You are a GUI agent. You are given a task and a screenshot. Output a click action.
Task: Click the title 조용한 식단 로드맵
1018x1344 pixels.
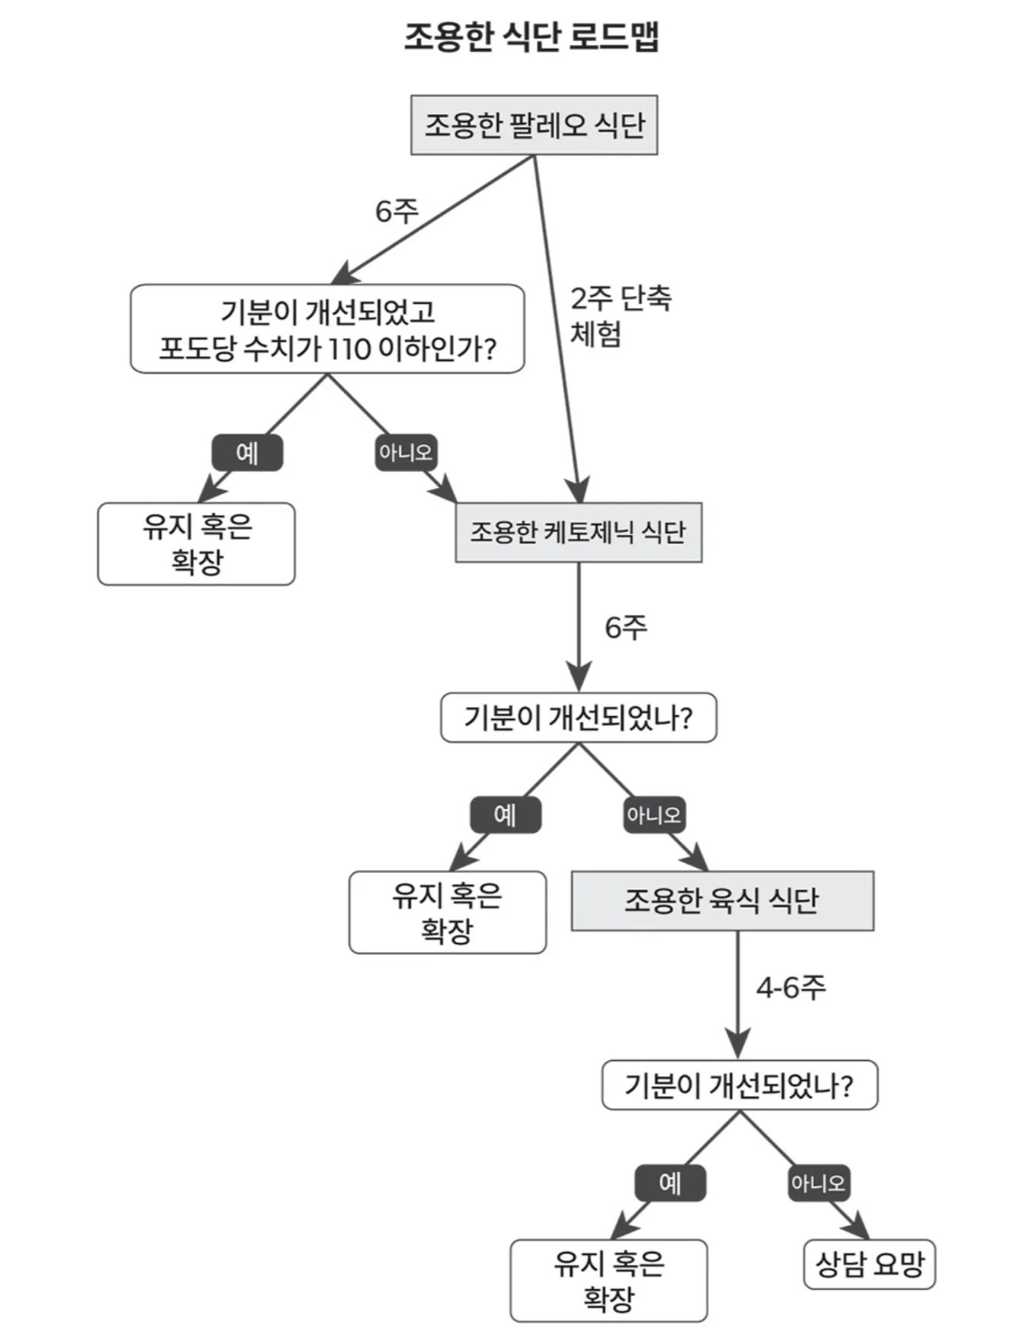click(531, 37)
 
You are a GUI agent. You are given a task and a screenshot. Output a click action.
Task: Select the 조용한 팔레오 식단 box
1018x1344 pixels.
click(534, 126)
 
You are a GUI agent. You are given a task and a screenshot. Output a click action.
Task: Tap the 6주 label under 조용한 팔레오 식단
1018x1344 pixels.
click(397, 211)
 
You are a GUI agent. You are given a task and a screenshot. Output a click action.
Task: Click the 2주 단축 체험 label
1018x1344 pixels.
click(620, 315)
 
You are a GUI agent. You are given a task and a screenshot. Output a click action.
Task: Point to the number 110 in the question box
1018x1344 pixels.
click(349, 349)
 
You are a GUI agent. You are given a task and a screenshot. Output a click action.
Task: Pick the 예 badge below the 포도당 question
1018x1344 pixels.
click(247, 453)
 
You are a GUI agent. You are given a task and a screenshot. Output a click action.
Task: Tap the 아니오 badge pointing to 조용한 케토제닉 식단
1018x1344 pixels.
click(406, 453)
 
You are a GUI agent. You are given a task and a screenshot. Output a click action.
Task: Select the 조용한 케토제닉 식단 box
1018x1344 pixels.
click(578, 532)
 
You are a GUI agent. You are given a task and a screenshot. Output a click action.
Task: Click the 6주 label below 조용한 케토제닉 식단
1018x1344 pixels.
click(626, 627)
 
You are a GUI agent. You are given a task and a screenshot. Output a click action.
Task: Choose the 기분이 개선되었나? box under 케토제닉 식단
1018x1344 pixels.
click(578, 718)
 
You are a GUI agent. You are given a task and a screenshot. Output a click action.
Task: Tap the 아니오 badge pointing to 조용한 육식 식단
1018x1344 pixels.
click(653, 815)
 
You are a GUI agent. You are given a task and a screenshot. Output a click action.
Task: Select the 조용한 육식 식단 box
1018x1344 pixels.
click(722, 900)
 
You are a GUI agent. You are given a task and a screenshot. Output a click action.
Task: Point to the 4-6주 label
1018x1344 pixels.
click(790, 987)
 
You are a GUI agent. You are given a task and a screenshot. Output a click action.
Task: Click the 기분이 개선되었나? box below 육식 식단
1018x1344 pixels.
click(739, 1085)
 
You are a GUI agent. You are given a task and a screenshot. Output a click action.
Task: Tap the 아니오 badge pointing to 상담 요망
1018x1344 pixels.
click(818, 1183)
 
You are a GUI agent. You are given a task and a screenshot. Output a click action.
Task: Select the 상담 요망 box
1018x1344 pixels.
click(869, 1264)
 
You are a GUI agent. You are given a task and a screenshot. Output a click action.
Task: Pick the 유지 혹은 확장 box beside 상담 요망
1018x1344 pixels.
click(608, 1280)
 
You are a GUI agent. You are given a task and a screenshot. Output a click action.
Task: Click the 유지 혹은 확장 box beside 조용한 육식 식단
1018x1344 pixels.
click(448, 912)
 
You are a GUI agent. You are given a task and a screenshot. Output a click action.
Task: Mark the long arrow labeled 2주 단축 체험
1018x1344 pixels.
click(556, 327)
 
